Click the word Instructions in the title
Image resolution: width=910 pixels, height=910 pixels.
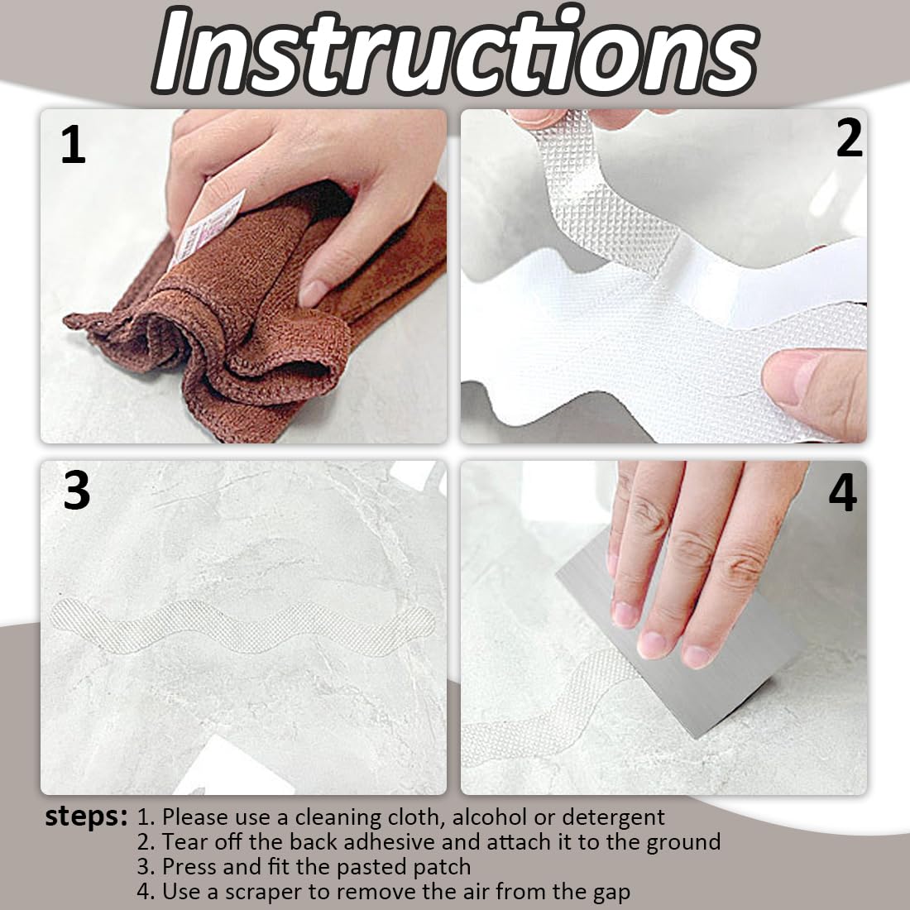pyautogui.click(x=456, y=51)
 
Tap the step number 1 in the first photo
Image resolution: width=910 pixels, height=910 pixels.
pyautogui.click(x=73, y=145)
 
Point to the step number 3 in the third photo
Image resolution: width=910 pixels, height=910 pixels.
pyautogui.click(x=77, y=491)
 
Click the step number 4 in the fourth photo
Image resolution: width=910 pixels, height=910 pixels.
pyautogui.click(x=843, y=493)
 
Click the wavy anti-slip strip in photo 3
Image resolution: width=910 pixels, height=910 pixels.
pyautogui.click(x=242, y=628)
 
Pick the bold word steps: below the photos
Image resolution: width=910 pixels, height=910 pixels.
pyautogui.click(x=86, y=817)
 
